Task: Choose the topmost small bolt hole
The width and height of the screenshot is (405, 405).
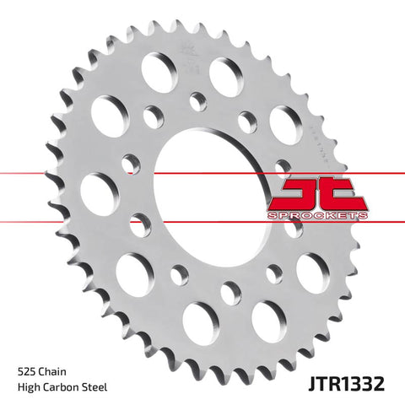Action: (x=197, y=100)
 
